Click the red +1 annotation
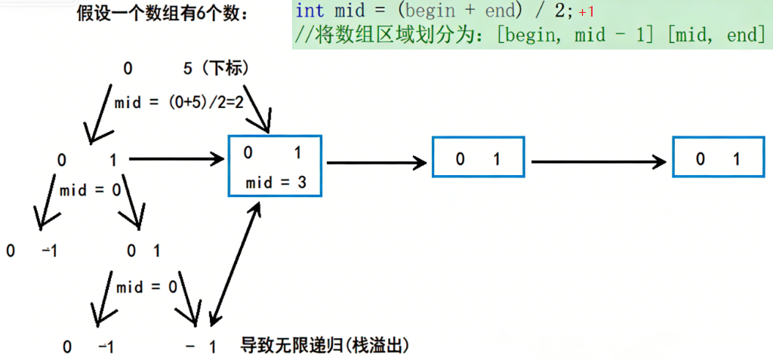(587, 12)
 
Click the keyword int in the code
(310, 11)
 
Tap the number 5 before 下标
(188, 69)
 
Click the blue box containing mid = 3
(276, 167)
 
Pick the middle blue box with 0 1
(477, 158)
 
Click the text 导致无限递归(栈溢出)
(325, 346)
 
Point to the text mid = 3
(276, 183)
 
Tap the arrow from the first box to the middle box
(375, 161)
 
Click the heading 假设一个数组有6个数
(162, 14)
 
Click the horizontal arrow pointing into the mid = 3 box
(177, 159)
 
